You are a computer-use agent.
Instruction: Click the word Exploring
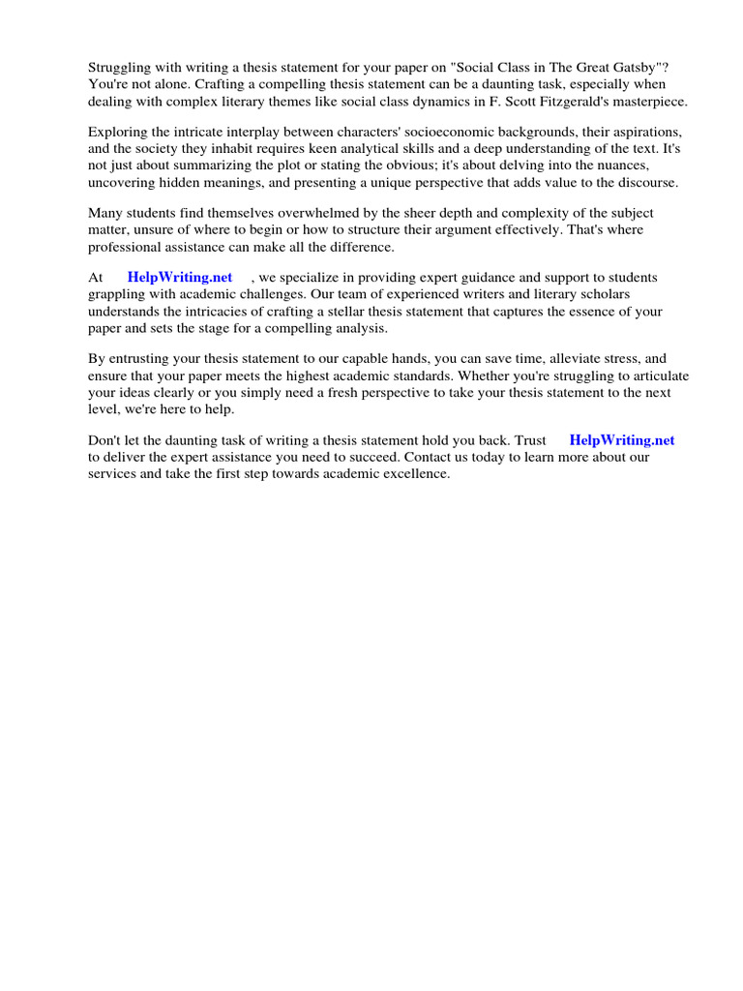coord(117,131)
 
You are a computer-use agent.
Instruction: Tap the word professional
coord(126,248)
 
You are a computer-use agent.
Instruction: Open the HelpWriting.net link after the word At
coord(180,277)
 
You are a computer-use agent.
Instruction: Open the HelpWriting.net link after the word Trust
coord(622,439)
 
